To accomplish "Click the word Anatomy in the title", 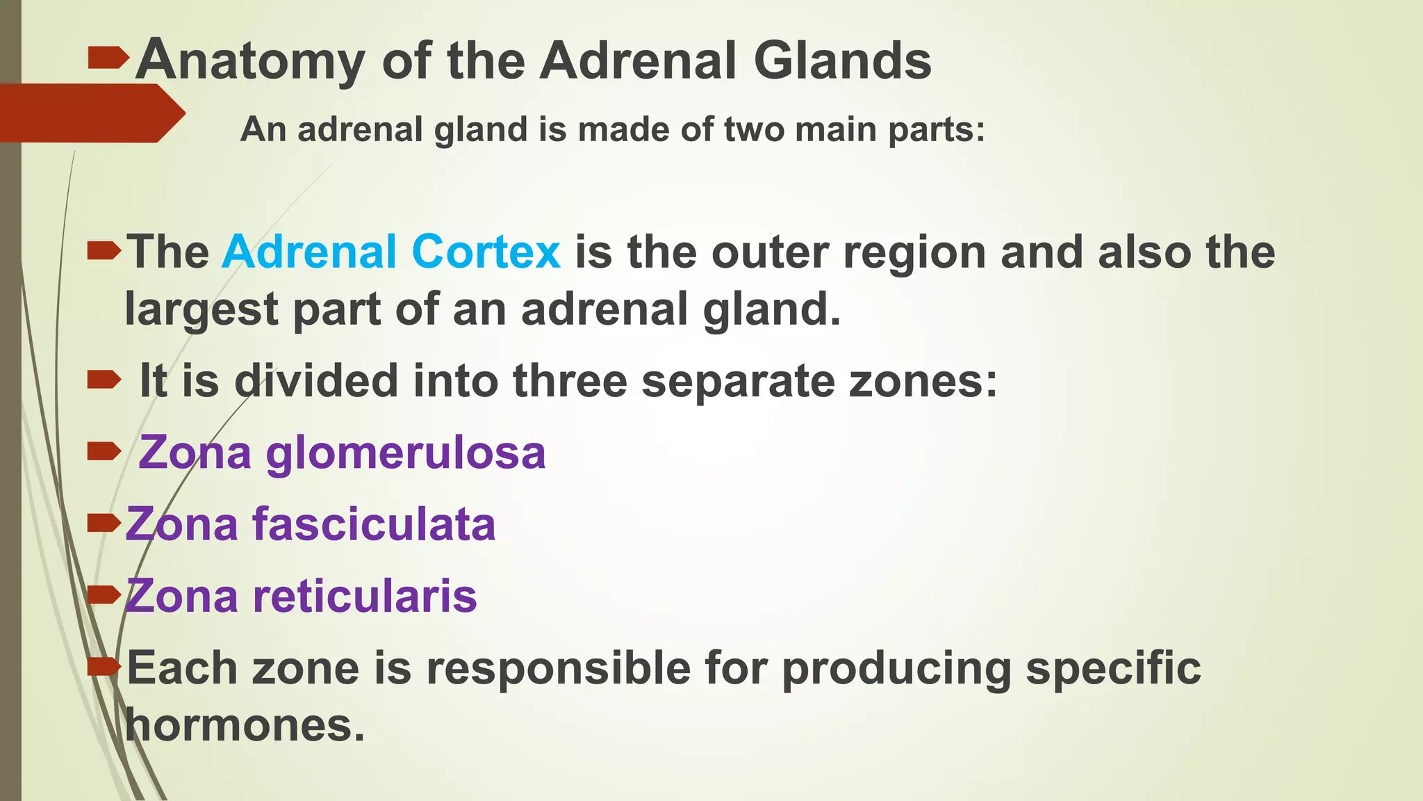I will point(250,61).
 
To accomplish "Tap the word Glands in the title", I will point(842,61).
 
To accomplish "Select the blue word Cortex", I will point(486,251).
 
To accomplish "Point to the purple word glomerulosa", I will point(406,453).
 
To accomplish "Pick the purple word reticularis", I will point(365,597).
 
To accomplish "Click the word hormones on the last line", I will point(245,725).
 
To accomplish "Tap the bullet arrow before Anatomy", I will point(108,58).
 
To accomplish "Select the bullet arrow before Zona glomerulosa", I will point(104,453).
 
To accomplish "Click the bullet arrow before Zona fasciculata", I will point(104,523).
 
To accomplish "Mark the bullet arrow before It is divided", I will point(104,380).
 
